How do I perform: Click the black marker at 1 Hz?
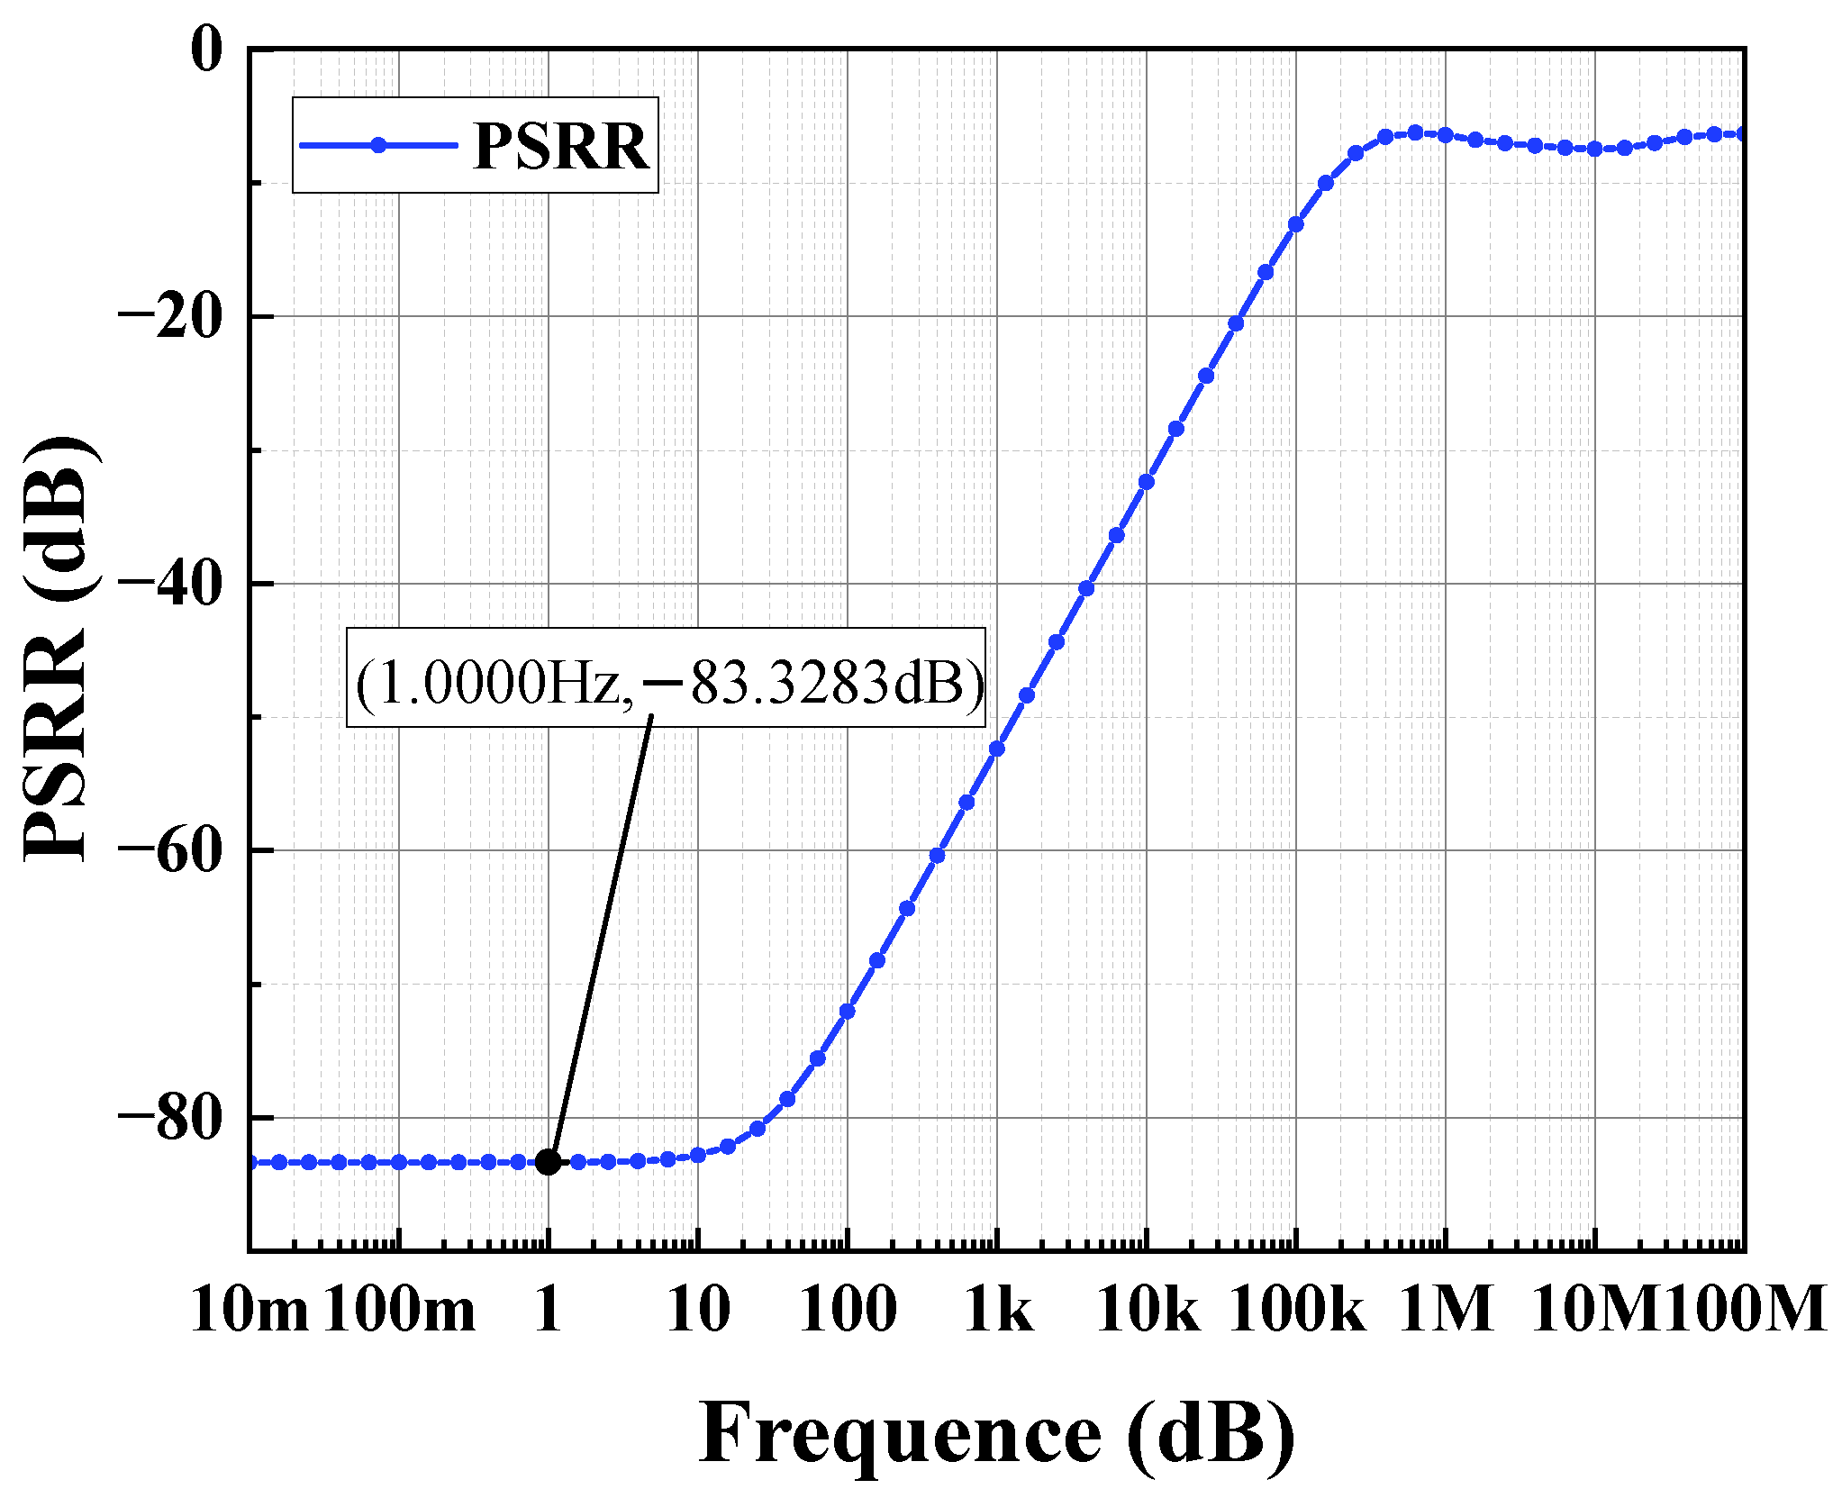click(x=548, y=1162)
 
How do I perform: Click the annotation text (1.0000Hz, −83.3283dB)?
click(x=667, y=682)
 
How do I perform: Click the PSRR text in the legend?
click(x=560, y=146)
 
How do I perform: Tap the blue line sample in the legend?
click(x=378, y=145)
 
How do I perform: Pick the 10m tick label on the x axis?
click(x=250, y=1310)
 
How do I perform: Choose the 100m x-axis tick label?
click(x=399, y=1310)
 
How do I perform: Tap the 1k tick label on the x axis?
click(x=998, y=1310)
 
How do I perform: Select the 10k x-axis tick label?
click(x=1147, y=1310)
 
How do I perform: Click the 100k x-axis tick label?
click(x=1296, y=1310)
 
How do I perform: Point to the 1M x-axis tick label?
click(x=1446, y=1310)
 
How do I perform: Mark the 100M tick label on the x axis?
click(x=1744, y=1310)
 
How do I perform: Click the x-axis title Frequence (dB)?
click(x=997, y=1433)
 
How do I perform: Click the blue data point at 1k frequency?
click(x=997, y=749)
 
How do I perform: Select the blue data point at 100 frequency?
click(x=848, y=1012)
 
